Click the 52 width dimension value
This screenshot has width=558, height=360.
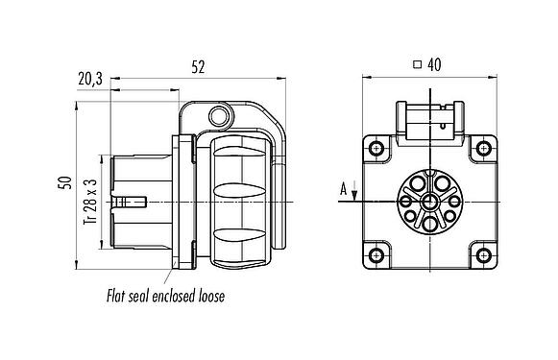click(199, 67)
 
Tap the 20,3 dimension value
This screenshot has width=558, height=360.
click(92, 82)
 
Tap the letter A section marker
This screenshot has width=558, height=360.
click(343, 190)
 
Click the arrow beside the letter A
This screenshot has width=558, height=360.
click(355, 195)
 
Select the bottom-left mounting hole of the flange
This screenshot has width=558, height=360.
click(375, 254)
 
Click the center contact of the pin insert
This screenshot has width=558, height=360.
click(427, 201)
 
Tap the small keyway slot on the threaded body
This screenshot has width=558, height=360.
click(134, 201)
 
